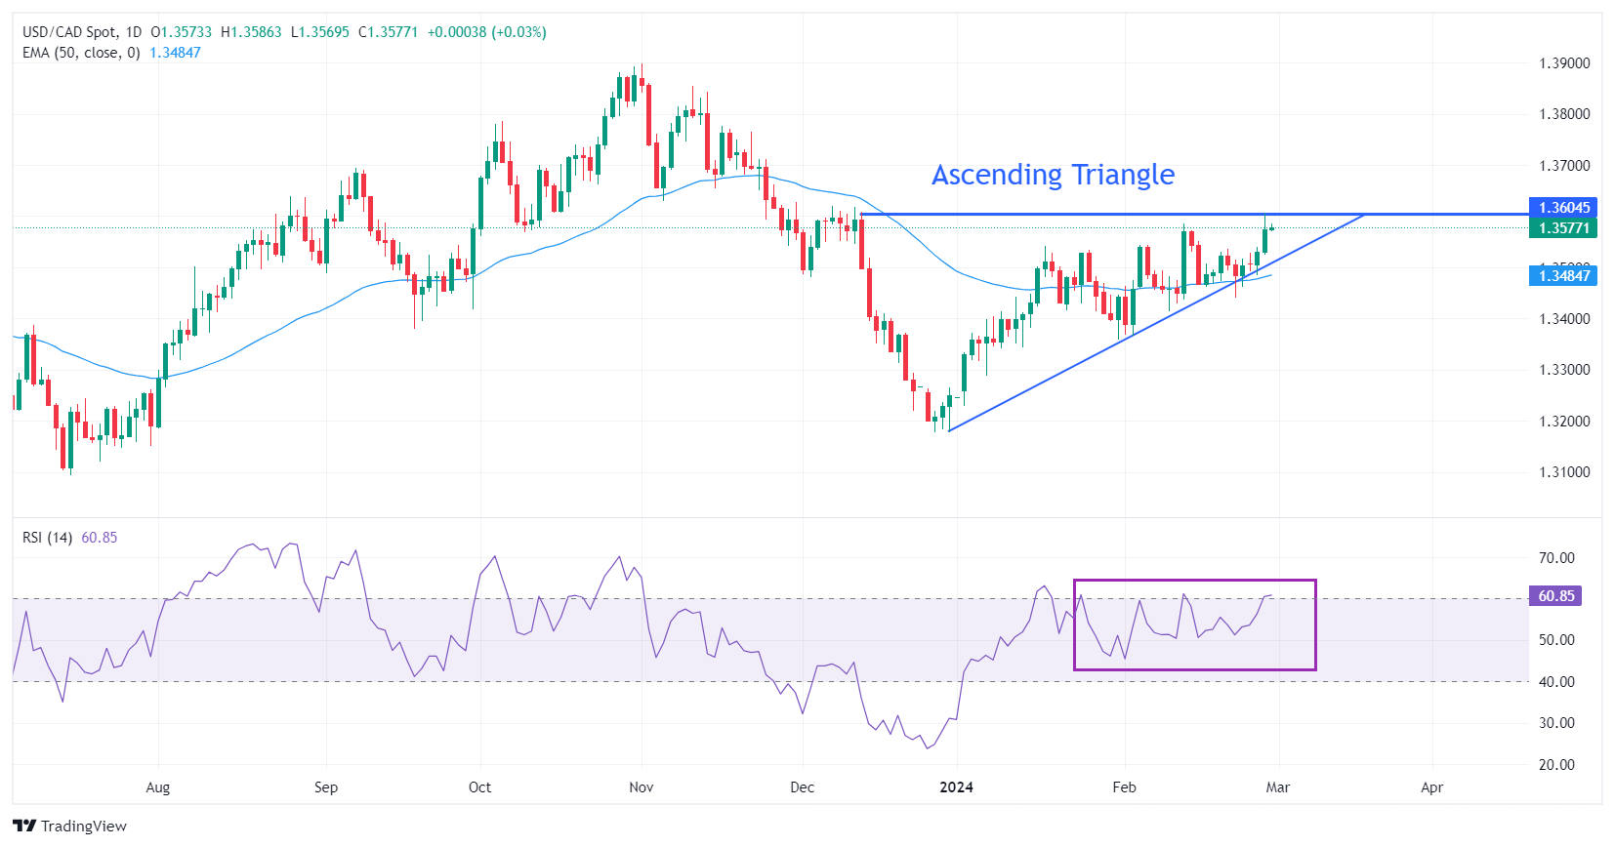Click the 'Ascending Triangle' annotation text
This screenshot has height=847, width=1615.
[x=1053, y=175]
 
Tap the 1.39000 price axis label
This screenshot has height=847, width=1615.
[x=1564, y=63]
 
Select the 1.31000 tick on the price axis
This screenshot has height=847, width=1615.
[x=1564, y=472]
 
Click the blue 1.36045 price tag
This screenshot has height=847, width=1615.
[x=1564, y=208]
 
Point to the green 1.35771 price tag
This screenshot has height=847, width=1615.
[x=1564, y=228]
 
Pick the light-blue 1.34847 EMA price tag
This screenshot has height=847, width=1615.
[x=1564, y=276]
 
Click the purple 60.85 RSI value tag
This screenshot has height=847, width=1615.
[x=1555, y=596]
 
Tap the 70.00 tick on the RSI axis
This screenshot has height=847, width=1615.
[x=1556, y=558]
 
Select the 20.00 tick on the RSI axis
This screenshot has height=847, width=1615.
[x=1556, y=765]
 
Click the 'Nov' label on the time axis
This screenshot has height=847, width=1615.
[x=642, y=787]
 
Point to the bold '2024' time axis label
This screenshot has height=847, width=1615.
[x=956, y=787]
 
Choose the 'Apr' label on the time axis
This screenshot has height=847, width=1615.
[x=1431, y=787]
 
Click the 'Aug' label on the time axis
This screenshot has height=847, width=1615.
[x=157, y=787]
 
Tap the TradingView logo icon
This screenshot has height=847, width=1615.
[x=25, y=827]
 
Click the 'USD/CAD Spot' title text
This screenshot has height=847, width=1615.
[x=67, y=32]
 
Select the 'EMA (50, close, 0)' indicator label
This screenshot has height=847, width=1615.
[x=81, y=53]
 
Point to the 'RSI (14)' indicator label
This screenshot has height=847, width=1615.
[x=47, y=538]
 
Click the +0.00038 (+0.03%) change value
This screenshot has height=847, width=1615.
[x=486, y=32]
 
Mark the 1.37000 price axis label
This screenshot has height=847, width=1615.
[x=1564, y=166]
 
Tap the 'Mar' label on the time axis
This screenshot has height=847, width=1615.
[x=1277, y=787]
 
